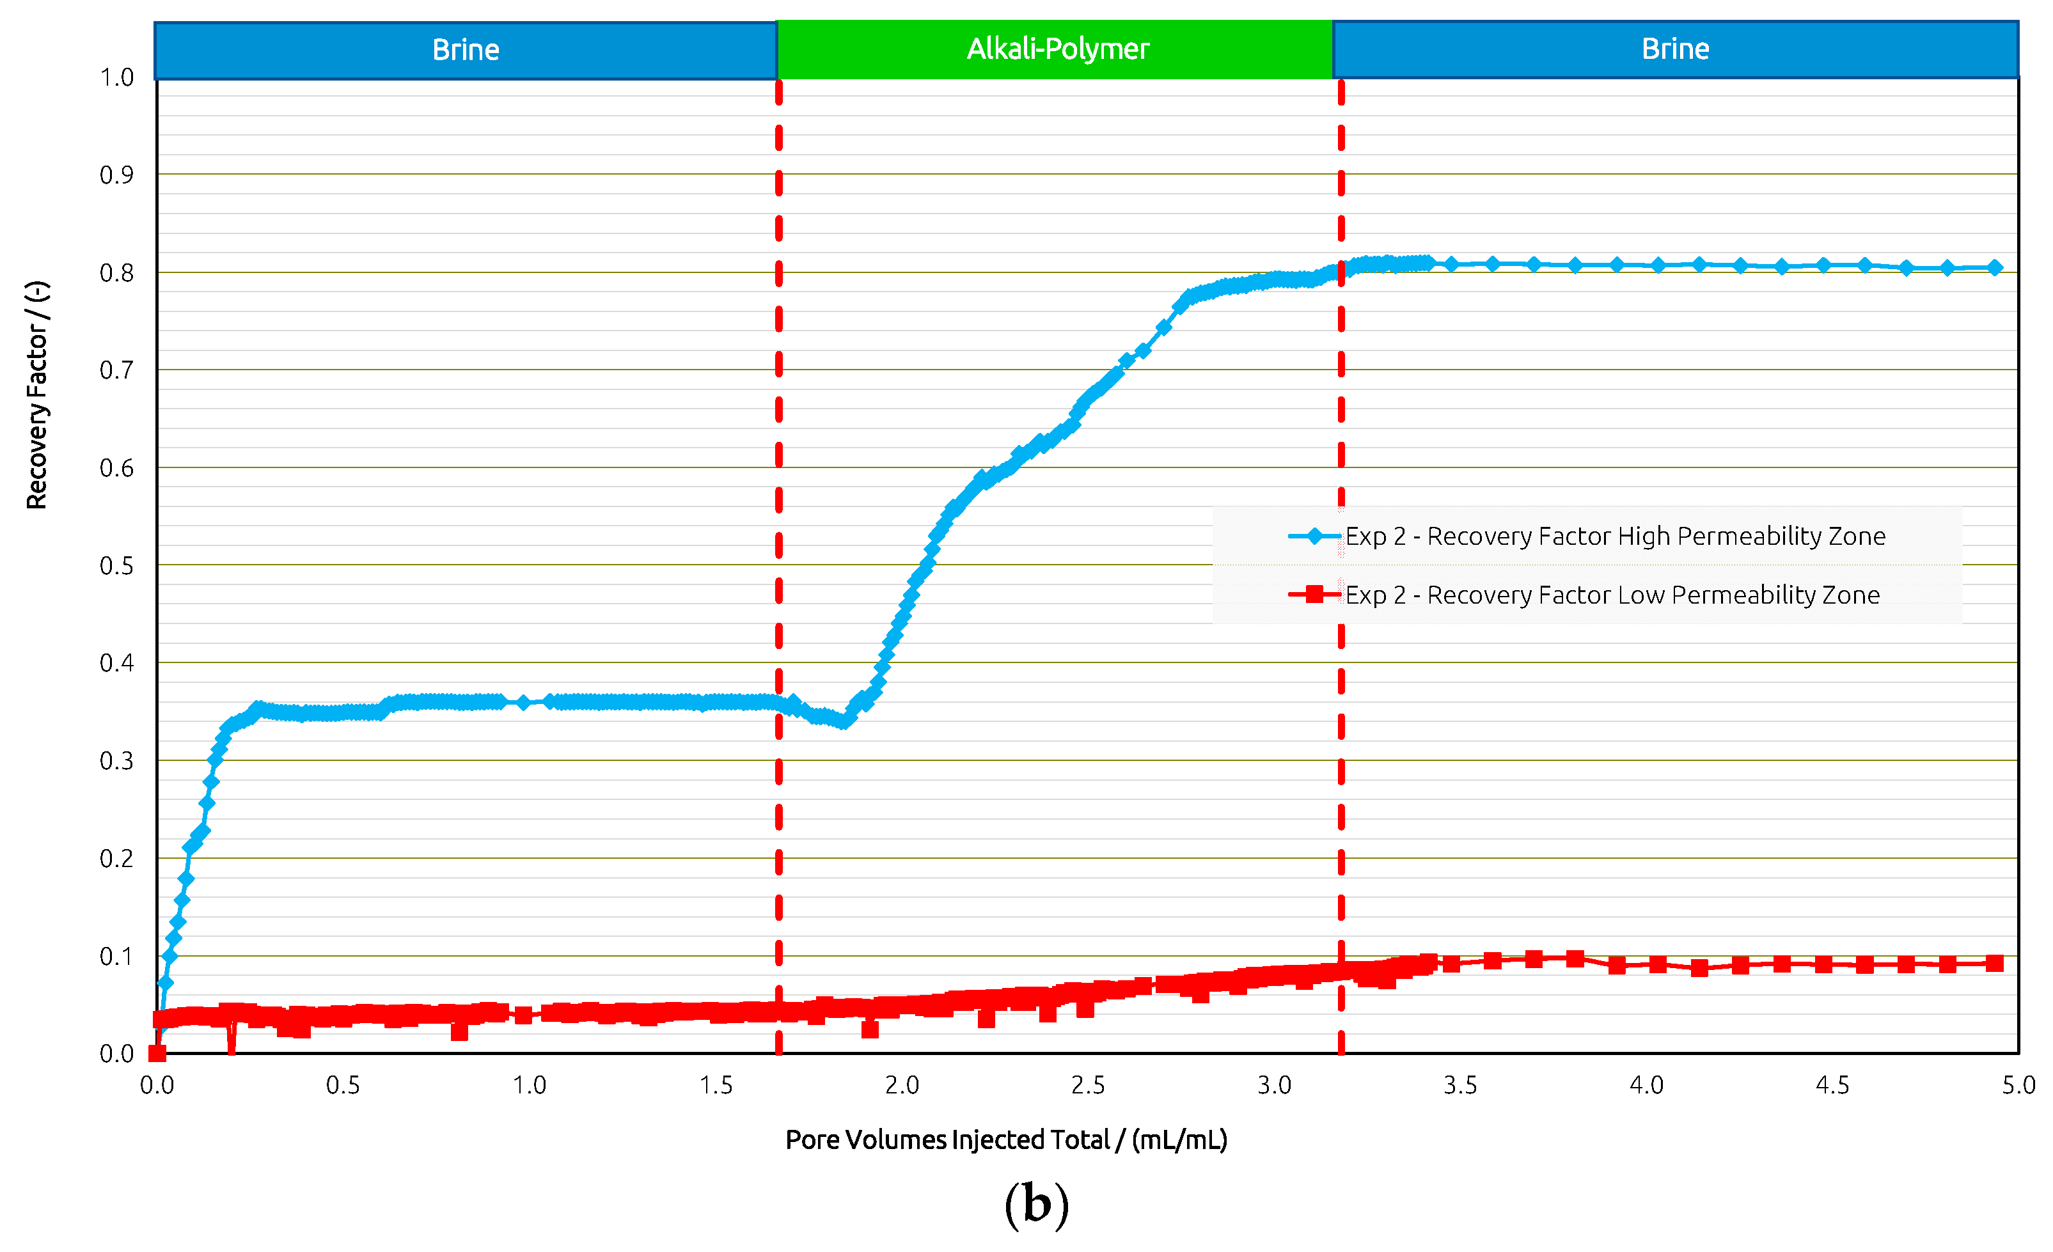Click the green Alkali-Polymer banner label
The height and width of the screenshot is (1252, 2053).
click(x=1057, y=49)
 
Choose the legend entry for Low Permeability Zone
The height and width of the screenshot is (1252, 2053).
click(x=1612, y=595)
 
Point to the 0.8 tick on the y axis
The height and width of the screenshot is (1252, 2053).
click(x=116, y=273)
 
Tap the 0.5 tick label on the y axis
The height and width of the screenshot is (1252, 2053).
click(x=116, y=567)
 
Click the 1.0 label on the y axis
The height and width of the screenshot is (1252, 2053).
click(x=116, y=77)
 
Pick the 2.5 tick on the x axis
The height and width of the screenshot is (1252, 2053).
click(x=1087, y=1085)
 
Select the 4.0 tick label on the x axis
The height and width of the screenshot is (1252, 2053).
click(x=1646, y=1085)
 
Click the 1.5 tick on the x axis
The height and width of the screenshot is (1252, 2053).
click(x=716, y=1085)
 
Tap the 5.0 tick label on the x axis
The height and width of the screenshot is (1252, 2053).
click(x=2018, y=1085)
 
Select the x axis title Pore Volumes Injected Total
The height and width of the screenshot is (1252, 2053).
click(x=1005, y=1139)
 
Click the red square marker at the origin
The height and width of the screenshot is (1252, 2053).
click(x=157, y=1054)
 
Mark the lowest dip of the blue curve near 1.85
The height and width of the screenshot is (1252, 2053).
click(x=845, y=721)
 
